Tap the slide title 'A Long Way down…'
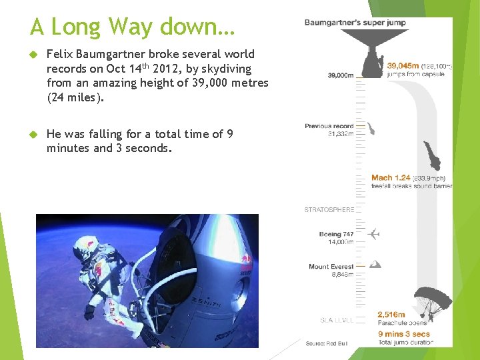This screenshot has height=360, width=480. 132,27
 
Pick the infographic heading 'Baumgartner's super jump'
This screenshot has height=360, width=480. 355,23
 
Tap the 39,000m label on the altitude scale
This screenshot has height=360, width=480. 341,76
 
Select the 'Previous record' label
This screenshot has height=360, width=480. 329,126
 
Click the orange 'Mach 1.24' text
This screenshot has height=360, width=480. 391,178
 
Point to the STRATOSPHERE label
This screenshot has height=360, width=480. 329,210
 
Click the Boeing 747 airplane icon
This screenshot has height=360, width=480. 374,235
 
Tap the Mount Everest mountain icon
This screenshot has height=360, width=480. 375,265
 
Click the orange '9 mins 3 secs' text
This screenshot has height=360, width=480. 403,334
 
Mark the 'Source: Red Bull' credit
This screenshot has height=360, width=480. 327,343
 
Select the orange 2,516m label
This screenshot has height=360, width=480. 391,315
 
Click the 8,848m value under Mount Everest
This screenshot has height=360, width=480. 342,274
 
